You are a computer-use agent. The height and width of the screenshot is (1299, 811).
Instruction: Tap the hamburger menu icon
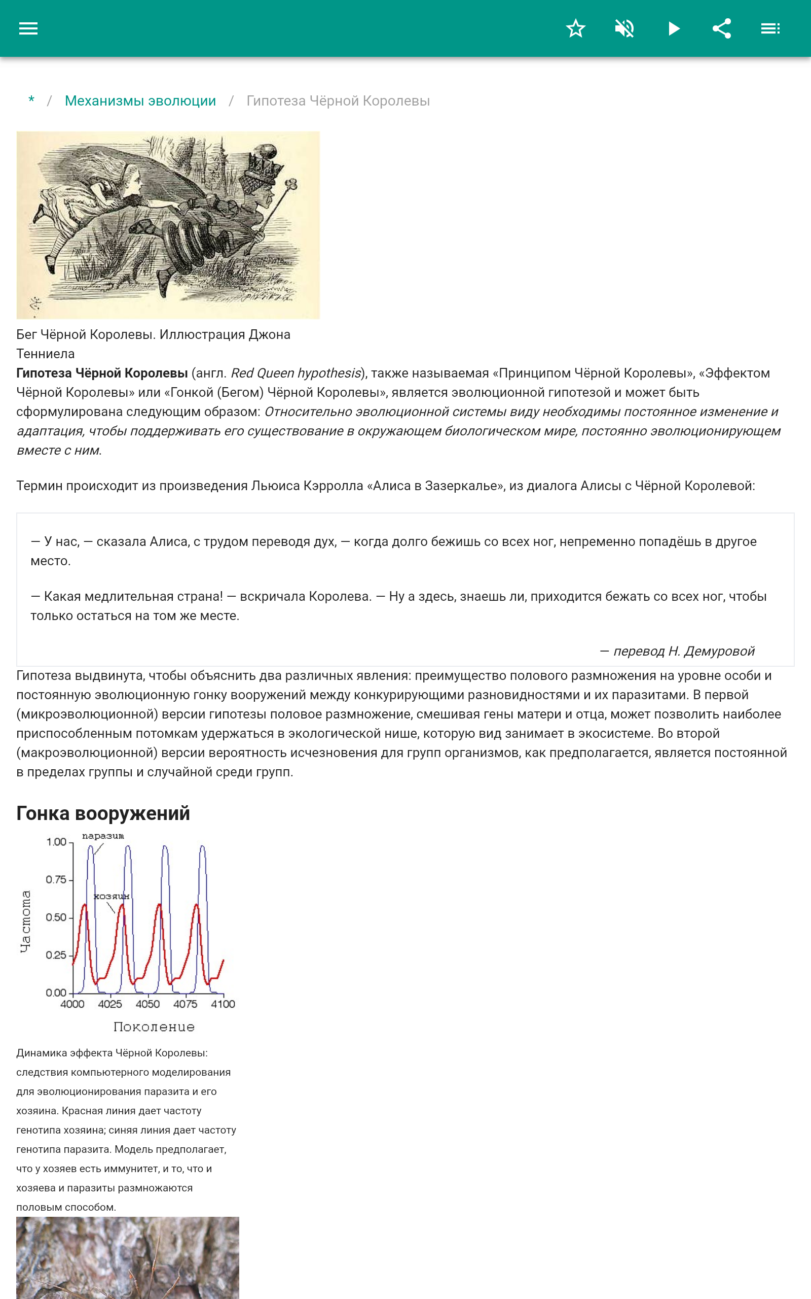[28, 28]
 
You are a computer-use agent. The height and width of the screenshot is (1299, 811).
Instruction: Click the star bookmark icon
[575, 28]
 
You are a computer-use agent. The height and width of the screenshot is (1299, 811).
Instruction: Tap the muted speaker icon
[624, 28]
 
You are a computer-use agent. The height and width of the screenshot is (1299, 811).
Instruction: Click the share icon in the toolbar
[721, 28]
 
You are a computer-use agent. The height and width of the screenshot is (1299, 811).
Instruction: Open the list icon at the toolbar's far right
[770, 28]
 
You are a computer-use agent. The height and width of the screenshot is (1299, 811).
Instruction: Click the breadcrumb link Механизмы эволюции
[140, 101]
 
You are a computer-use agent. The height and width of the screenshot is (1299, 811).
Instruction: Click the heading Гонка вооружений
[103, 813]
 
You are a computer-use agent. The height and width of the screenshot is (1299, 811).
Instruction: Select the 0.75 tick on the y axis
[56, 880]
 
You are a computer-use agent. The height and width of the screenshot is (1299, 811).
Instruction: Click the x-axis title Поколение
[154, 1027]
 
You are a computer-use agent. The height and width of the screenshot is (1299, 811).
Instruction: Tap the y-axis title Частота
[25, 921]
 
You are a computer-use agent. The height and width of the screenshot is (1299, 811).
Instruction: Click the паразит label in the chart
[103, 836]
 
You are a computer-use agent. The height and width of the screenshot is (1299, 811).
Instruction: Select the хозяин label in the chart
[112, 897]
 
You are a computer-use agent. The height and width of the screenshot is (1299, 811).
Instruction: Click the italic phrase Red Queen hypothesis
[296, 373]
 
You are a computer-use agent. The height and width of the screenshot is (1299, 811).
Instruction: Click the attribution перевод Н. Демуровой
[677, 651]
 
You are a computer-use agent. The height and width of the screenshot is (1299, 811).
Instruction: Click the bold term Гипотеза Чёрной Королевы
[102, 373]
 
